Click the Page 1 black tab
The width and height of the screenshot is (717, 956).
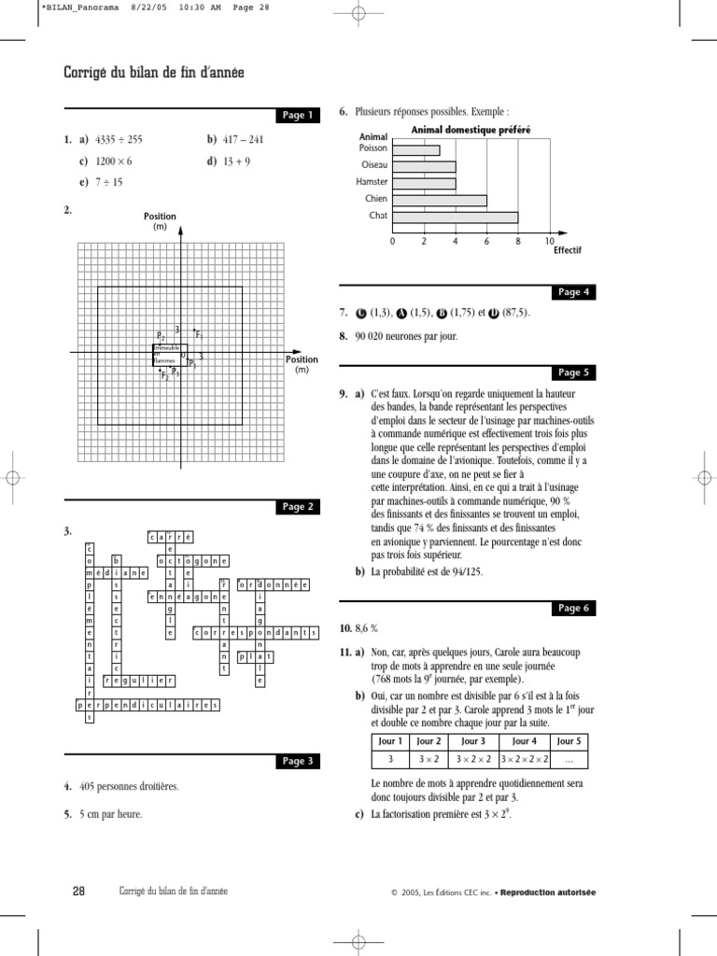click(299, 115)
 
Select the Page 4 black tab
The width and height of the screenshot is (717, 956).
click(573, 291)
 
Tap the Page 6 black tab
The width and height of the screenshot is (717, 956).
click(573, 607)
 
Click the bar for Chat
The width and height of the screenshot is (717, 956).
click(455, 217)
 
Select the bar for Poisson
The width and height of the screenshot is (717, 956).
click(415, 149)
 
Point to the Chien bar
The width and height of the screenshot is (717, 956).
click(439, 200)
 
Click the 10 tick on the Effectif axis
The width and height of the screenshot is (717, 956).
click(549, 241)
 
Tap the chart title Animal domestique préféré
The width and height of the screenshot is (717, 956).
click(471, 130)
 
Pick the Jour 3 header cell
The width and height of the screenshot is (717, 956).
click(472, 741)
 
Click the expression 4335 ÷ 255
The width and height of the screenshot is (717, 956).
click(119, 140)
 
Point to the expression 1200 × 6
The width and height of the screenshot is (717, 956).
click(116, 161)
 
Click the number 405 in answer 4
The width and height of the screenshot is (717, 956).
click(90, 786)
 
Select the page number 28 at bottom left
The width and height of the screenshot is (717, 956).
click(78, 892)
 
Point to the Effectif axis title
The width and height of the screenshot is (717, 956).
click(567, 251)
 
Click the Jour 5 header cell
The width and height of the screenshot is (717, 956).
click(571, 741)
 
